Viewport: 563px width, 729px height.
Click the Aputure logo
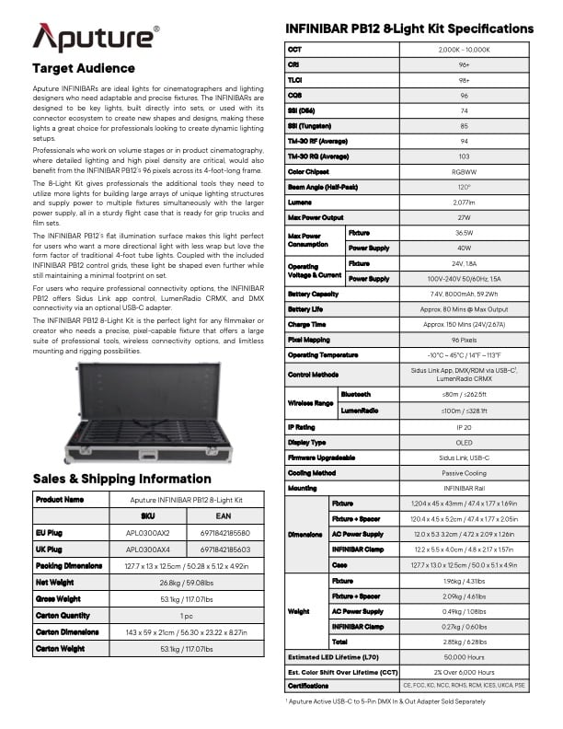click(96, 38)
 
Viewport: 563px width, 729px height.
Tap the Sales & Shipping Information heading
click(121, 479)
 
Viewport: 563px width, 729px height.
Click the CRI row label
click(295, 64)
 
